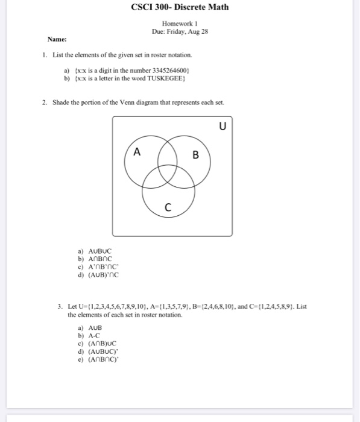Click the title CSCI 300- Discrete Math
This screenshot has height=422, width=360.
point(180,8)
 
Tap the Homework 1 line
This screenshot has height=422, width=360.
point(180,24)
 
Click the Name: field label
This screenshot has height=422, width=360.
point(57,39)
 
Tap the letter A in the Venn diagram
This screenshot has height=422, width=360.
point(137,153)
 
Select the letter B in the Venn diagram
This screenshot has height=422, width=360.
point(195,155)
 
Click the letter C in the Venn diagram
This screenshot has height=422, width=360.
point(168,208)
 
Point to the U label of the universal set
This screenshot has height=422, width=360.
point(223,126)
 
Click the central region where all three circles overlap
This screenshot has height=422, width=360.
point(166,172)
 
